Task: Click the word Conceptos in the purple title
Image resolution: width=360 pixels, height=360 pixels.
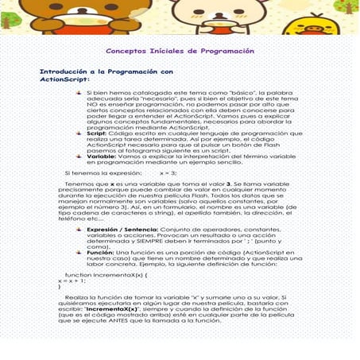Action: pos(126,50)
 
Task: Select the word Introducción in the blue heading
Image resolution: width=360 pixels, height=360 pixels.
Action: pos(66,72)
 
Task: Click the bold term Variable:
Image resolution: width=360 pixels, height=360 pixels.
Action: pos(102,157)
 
